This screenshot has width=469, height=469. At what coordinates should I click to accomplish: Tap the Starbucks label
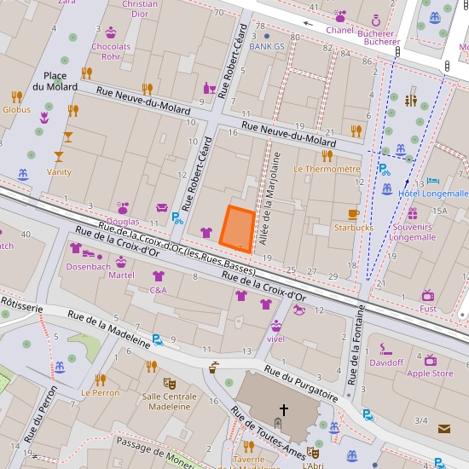[354, 228]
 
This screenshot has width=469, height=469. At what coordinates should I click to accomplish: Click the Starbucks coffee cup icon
[354, 214]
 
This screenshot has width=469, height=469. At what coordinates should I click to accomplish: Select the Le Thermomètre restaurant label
[327, 169]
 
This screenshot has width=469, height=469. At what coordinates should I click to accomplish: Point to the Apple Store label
[430, 373]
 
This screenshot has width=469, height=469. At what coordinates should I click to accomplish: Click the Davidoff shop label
[386, 362]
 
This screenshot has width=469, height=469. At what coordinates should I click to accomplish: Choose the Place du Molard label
[55, 81]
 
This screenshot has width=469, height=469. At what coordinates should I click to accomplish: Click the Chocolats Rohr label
[111, 52]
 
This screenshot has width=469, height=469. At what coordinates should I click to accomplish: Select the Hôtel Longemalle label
[433, 194]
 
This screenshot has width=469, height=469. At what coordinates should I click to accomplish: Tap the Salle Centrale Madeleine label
[169, 402]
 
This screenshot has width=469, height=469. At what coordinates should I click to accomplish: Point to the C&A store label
[158, 290]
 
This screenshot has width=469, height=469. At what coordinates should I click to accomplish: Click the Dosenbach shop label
[89, 266]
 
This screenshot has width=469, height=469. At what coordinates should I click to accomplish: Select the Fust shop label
[428, 309]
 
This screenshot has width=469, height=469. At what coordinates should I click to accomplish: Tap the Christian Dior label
[140, 9]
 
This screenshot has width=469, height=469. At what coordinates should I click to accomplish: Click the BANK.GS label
[266, 47]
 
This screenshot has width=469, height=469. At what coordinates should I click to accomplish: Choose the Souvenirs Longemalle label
[413, 232]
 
